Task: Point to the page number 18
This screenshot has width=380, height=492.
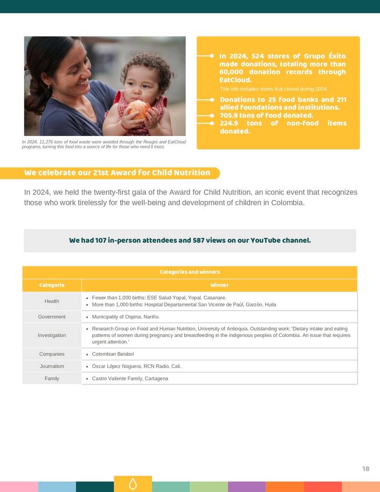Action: pos(365,469)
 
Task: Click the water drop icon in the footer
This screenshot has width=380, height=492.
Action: pos(133,484)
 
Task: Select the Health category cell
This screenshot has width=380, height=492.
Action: pos(52,301)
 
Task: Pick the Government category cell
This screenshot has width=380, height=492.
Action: pos(52,317)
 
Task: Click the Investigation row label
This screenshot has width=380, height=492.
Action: pos(52,335)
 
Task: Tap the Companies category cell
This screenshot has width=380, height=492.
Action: pos(52,354)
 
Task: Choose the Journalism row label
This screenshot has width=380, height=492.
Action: pos(52,366)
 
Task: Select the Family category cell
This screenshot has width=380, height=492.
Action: pos(52,378)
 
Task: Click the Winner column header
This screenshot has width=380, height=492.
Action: pos(219,285)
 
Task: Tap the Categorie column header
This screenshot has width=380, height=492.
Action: pos(52,285)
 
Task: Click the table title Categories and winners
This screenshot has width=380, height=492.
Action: pos(190,272)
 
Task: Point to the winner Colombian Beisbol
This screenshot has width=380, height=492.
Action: pos(112,354)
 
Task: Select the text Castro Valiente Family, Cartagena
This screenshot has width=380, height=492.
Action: pos(130,378)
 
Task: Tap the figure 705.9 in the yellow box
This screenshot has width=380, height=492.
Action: pos(229,115)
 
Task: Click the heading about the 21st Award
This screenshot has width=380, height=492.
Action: pos(117,173)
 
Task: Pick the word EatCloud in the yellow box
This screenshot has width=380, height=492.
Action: pos(235,80)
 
